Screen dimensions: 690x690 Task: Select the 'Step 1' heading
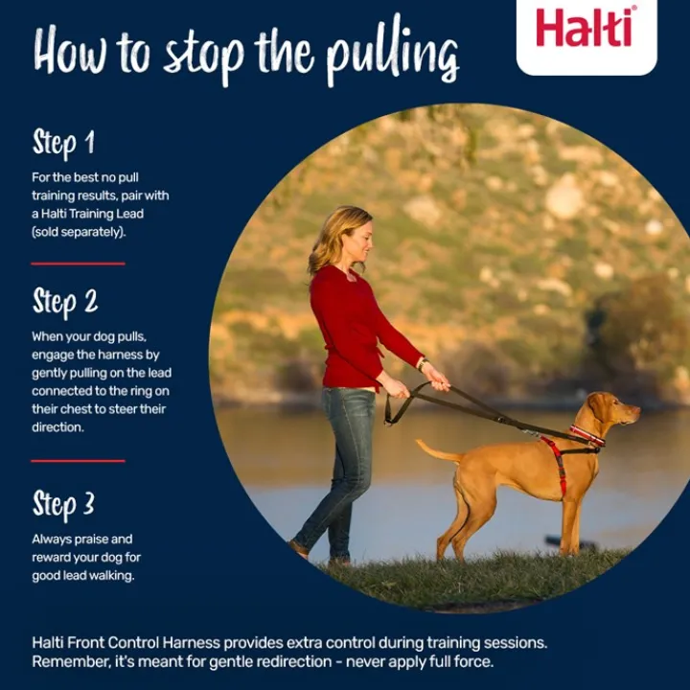click(63, 143)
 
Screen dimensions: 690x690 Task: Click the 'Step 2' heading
click(65, 302)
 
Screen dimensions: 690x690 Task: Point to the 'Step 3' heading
click(63, 504)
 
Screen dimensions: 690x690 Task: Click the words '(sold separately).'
click(79, 232)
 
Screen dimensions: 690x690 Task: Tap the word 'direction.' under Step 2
click(57, 426)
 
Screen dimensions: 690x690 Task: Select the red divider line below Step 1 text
click(78, 264)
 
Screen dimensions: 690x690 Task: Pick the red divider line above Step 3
click(78, 461)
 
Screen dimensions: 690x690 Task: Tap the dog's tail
click(439, 451)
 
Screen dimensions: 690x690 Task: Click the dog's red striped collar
click(587, 435)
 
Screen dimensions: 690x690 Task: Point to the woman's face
click(361, 241)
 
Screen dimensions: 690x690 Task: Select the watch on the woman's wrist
click(423, 363)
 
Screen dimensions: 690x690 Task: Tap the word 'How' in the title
click(70, 49)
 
